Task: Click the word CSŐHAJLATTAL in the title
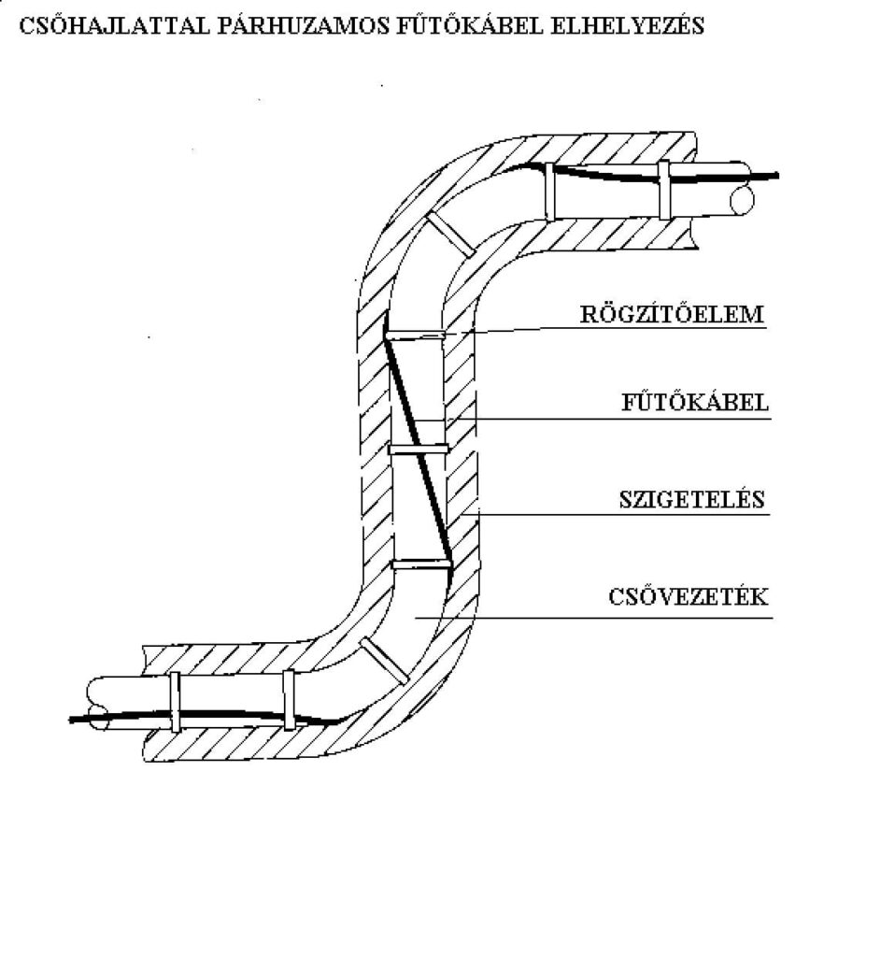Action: tap(114, 26)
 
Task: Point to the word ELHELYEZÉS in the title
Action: tap(627, 26)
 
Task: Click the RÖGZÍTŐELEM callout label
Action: tap(672, 314)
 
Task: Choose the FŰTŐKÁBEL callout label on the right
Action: tap(695, 403)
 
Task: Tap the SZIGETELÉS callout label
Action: tap(692, 499)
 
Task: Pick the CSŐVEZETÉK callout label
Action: tap(689, 596)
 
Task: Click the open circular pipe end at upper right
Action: tap(742, 200)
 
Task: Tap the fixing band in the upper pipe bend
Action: tap(450, 235)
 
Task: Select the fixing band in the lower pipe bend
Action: tap(384, 661)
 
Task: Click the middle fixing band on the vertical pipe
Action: tap(419, 450)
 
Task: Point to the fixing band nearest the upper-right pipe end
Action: tap(663, 190)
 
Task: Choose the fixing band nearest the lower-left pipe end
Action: tap(175, 702)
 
